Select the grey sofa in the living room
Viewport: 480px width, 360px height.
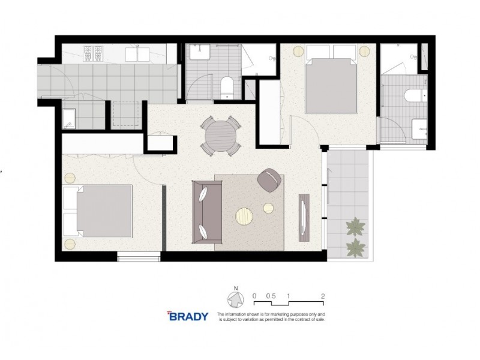205,211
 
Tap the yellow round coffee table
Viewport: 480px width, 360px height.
245,215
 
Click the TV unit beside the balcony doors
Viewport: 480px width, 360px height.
305,216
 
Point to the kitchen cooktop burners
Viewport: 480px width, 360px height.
94,53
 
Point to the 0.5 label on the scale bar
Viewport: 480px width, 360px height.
270,296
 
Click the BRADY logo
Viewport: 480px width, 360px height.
187,316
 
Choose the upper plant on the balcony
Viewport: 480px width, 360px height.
355,227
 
